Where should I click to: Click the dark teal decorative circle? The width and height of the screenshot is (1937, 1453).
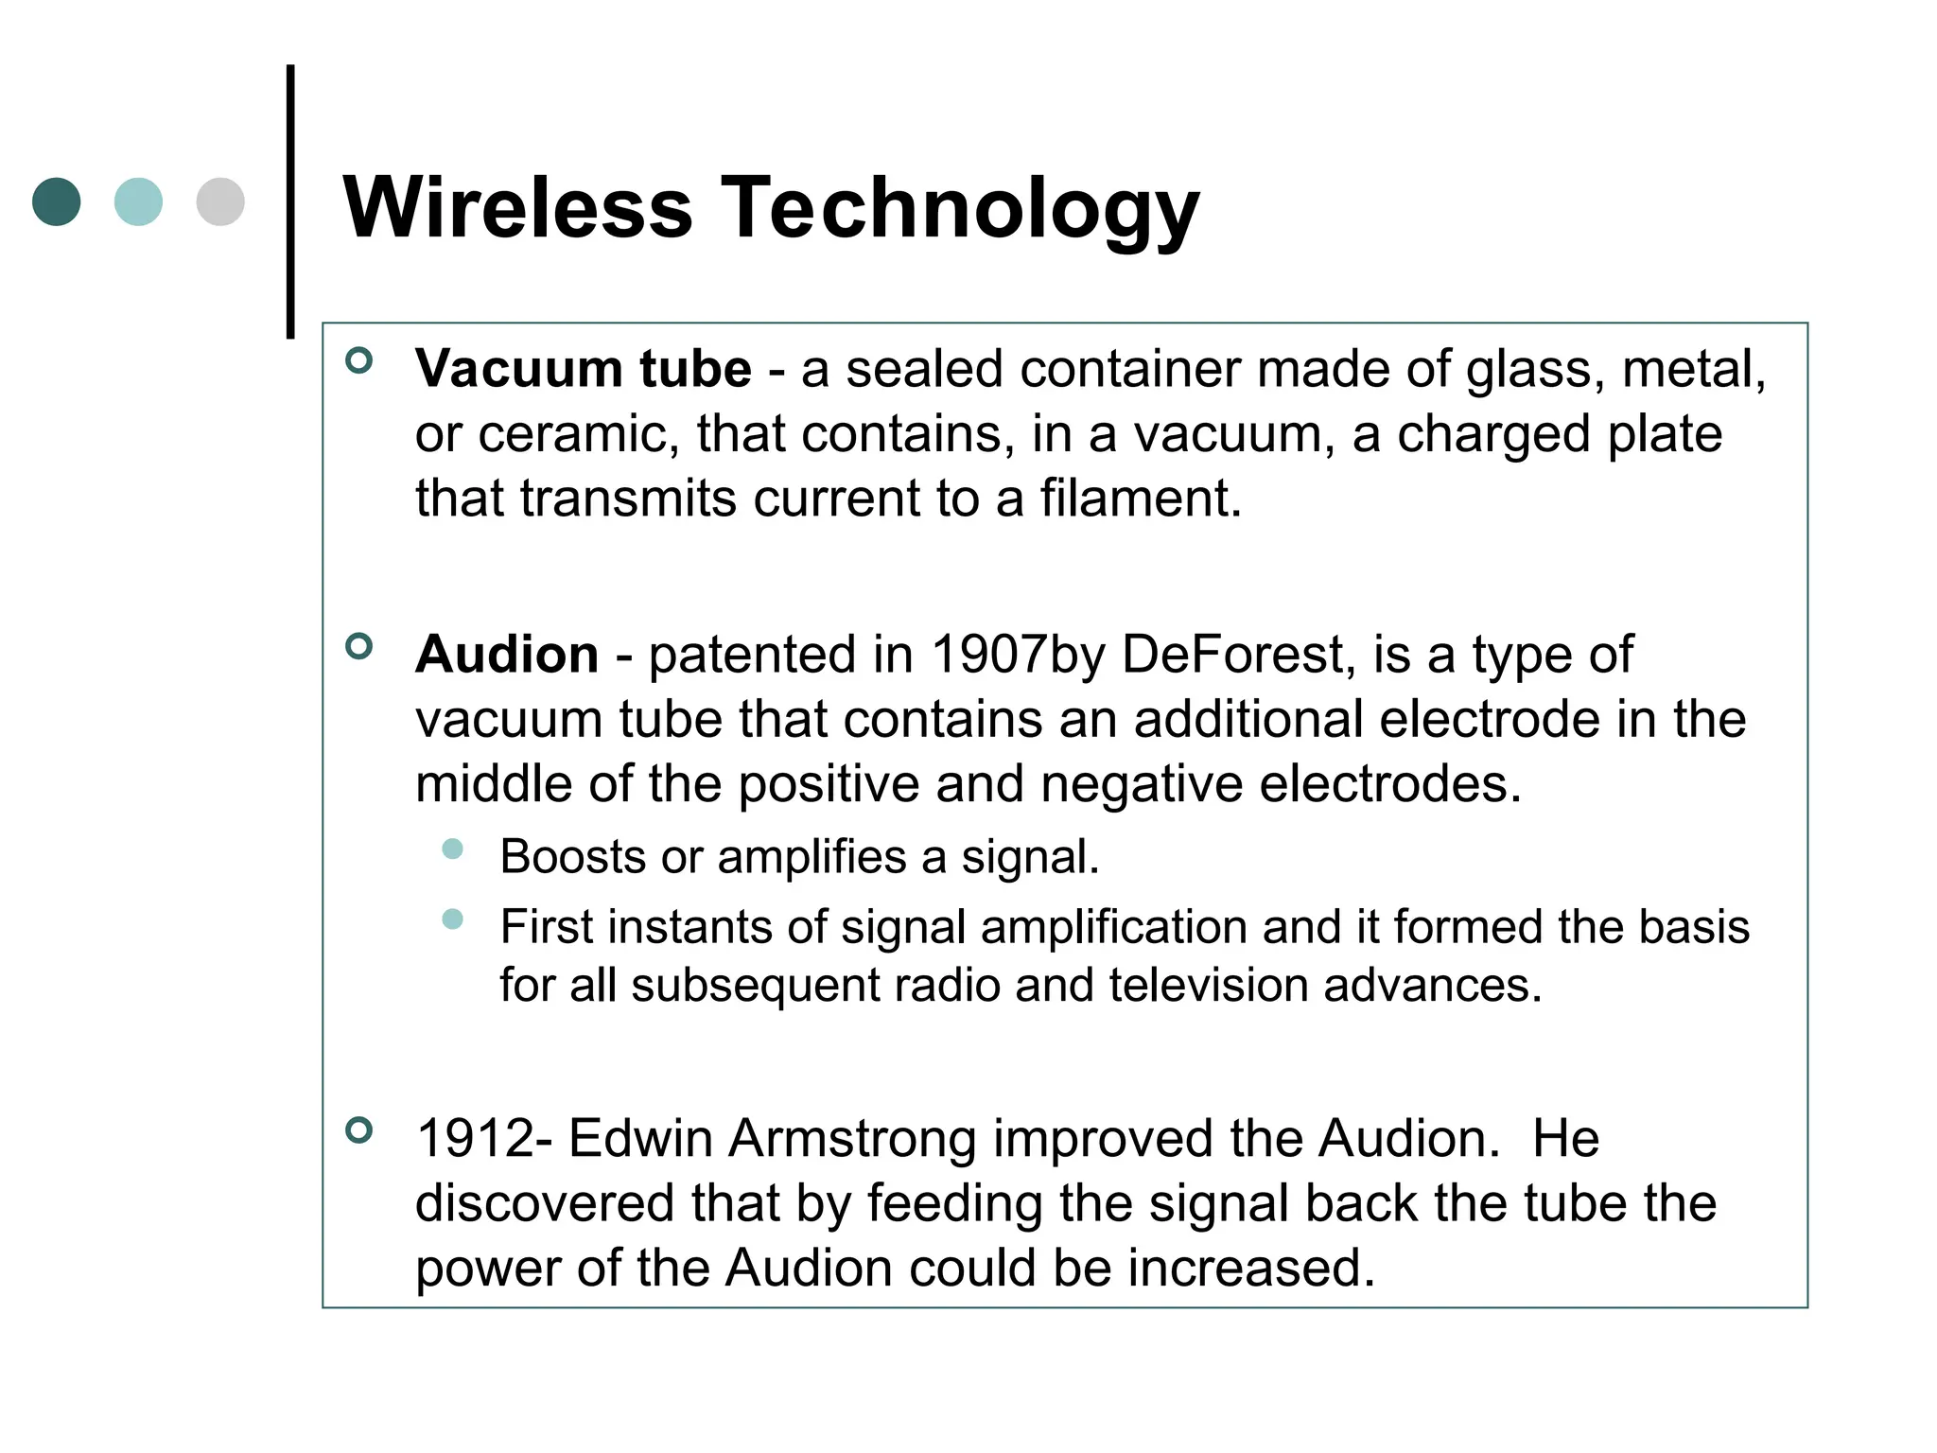pyautogui.click(x=57, y=201)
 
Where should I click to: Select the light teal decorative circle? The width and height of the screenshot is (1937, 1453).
pyautogui.click(x=138, y=201)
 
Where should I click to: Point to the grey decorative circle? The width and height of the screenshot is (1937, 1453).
pyautogui.click(x=220, y=201)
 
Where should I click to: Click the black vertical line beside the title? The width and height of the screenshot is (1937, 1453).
pyautogui.click(x=290, y=201)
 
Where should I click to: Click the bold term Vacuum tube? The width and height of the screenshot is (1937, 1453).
pyautogui.click(x=584, y=369)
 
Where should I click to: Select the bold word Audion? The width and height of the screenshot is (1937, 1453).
pyautogui.click(x=507, y=655)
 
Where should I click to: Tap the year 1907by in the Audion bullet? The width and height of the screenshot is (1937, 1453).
pyautogui.click(x=1018, y=655)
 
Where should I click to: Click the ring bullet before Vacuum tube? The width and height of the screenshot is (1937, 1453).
pyautogui.click(x=359, y=360)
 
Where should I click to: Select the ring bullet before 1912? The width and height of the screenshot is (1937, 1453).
pyautogui.click(x=359, y=1129)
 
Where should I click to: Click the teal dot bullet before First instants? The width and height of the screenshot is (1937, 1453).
pyautogui.click(x=453, y=919)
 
